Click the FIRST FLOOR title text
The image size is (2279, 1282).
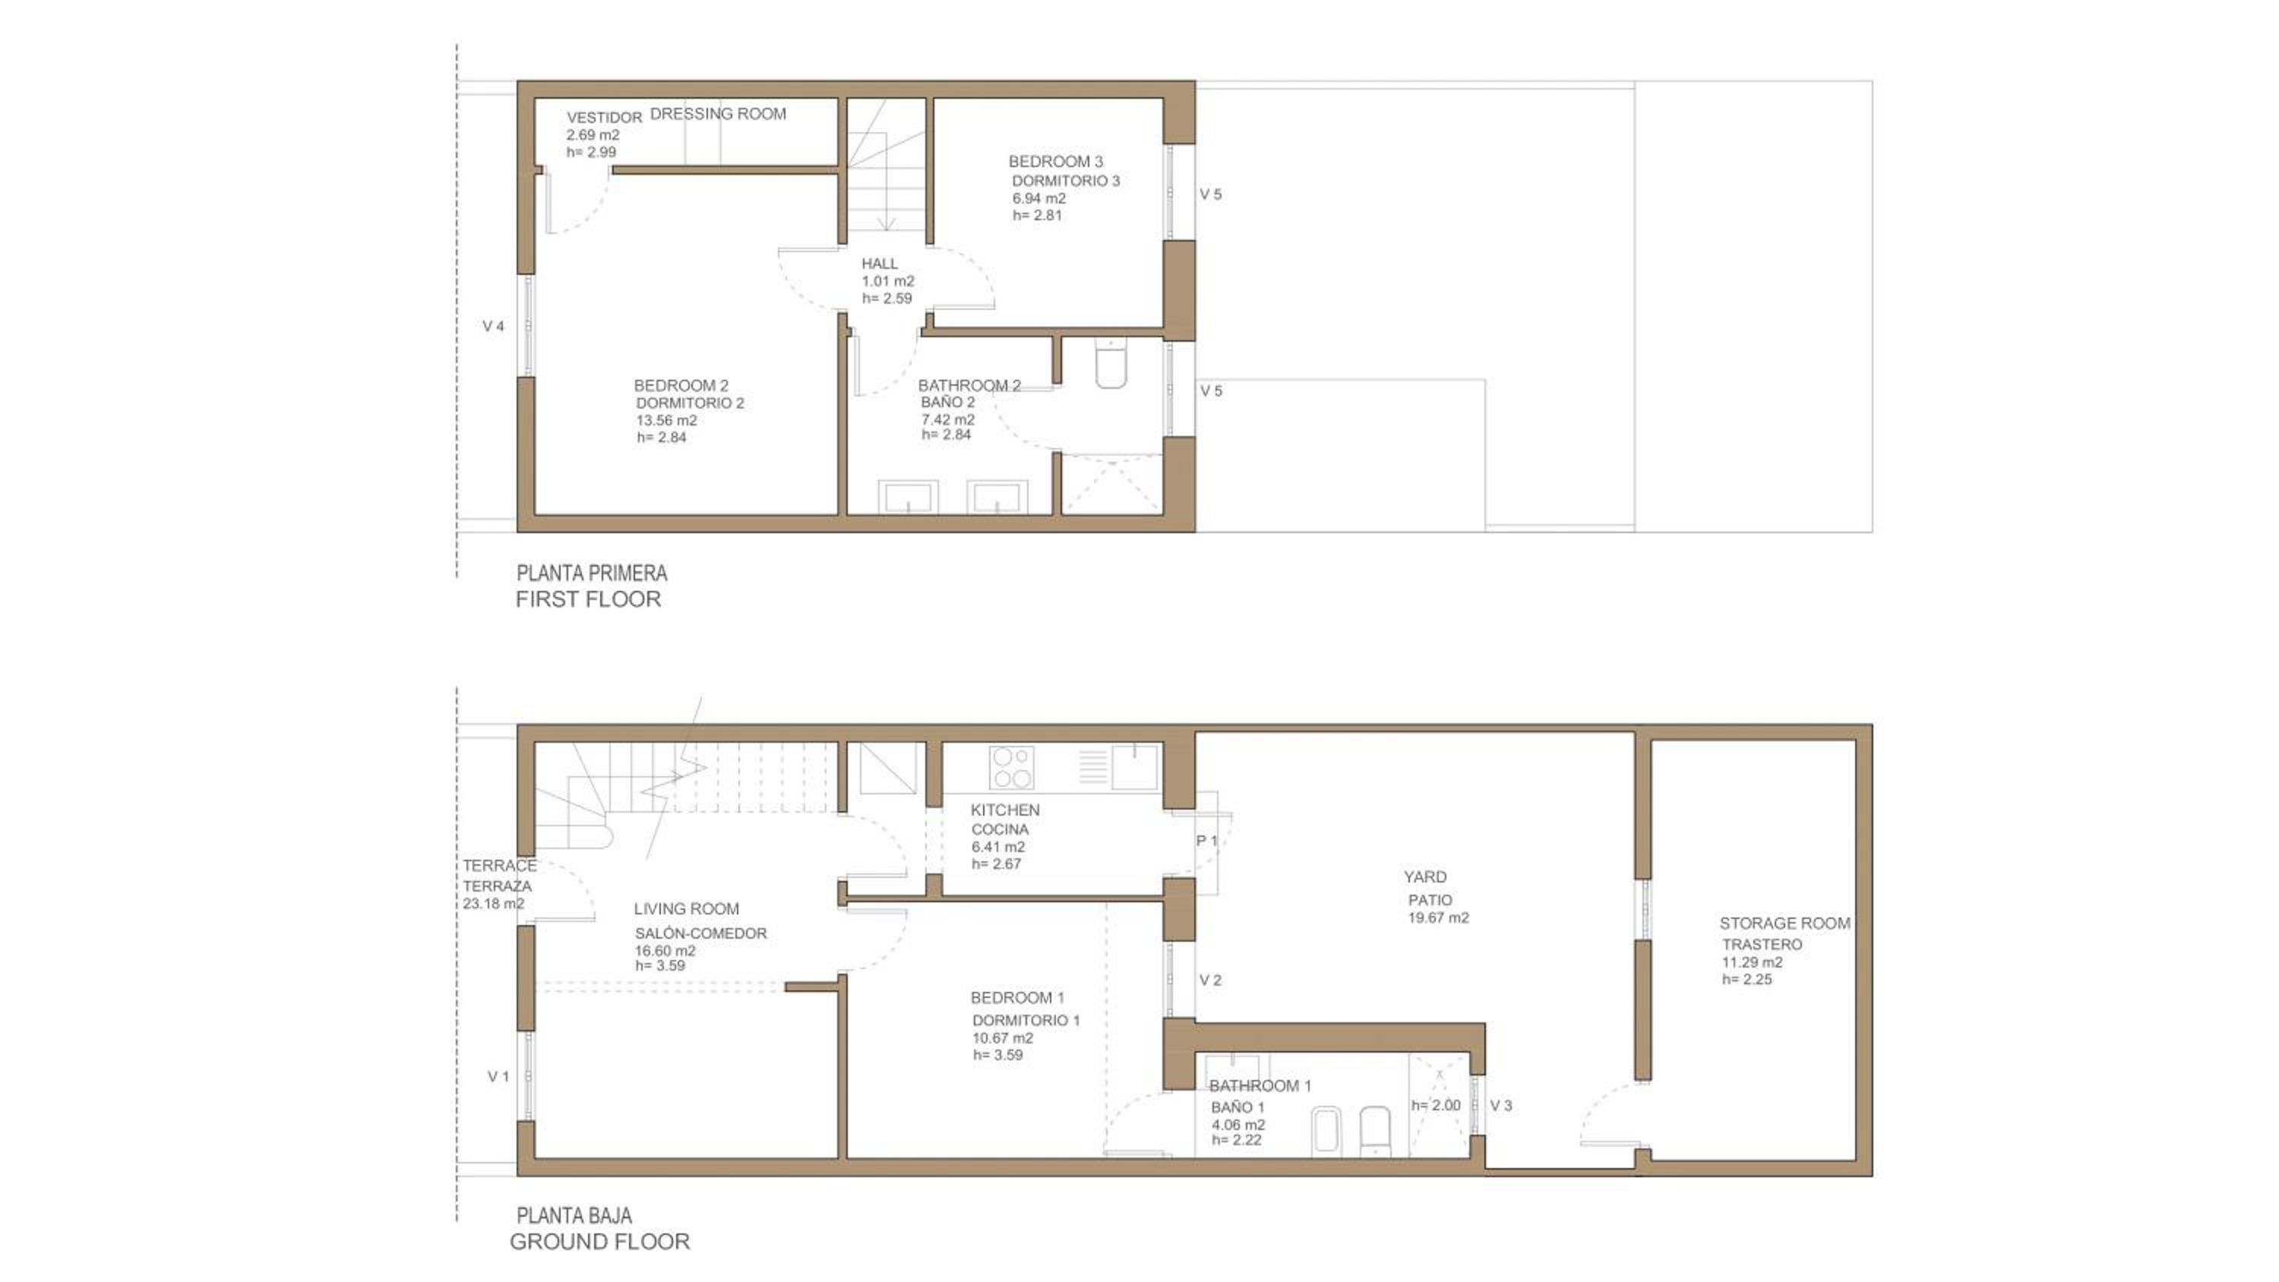pyautogui.click(x=588, y=599)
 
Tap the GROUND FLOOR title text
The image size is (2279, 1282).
pyautogui.click(x=600, y=1241)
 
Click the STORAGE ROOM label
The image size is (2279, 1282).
pyautogui.click(x=1784, y=923)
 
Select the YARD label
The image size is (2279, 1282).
pyautogui.click(x=1425, y=876)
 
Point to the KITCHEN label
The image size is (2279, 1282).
pyautogui.click(x=1005, y=810)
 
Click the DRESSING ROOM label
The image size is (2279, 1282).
pyautogui.click(x=719, y=113)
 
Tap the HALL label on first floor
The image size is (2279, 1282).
pyautogui.click(x=880, y=264)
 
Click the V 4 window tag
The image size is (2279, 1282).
pyautogui.click(x=494, y=327)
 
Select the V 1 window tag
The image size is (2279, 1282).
pyautogui.click(x=498, y=1077)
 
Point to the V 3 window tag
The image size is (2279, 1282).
pyautogui.click(x=1501, y=1105)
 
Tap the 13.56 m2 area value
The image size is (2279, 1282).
pyautogui.click(x=667, y=420)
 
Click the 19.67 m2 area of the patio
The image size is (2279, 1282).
pyautogui.click(x=1439, y=917)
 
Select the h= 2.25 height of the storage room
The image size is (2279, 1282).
pyautogui.click(x=1747, y=980)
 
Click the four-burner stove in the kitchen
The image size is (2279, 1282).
pyautogui.click(x=1011, y=768)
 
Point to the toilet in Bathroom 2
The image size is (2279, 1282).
pyautogui.click(x=1111, y=364)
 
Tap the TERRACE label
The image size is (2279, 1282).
pyautogui.click(x=499, y=865)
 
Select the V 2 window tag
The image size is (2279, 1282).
pyautogui.click(x=1210, y=980)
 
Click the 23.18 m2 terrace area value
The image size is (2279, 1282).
pyautogui.click(x=494, y=903)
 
